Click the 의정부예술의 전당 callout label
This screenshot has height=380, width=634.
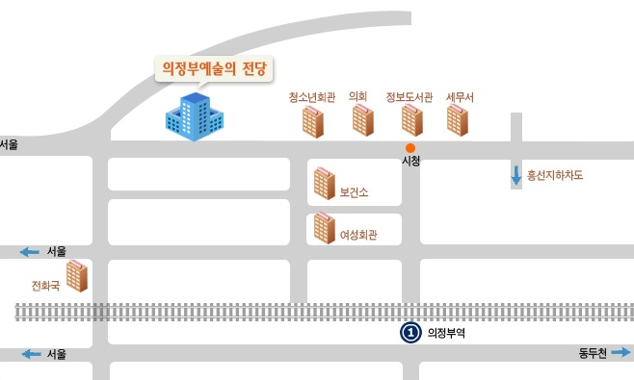point(214,68)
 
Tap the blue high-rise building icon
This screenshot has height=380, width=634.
point(195,116)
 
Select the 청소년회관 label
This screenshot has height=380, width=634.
point(312,97)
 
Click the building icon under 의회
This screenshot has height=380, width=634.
point(362,120)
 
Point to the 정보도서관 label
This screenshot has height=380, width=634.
point(409,97)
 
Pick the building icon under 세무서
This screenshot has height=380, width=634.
point(458,120)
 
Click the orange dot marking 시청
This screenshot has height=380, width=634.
point(410,148)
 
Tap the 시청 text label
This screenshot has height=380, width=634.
point(410,161)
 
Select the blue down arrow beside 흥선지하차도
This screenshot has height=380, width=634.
point(515,176)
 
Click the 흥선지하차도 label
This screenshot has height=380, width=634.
point(555,175)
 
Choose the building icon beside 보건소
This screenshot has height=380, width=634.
point(325,184)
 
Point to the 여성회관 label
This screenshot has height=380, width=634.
point(358,235)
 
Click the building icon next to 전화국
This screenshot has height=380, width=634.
point(77,276)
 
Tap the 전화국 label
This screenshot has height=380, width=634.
point(45,286)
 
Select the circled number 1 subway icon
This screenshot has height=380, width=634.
point(410,333)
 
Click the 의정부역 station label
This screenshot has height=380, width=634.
point(446,333)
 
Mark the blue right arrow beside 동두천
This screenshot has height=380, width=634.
point(621,352)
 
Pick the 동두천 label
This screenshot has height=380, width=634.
point(593,353)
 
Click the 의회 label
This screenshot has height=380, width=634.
point(357,96)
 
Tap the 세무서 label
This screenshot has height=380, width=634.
point(460,97)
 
